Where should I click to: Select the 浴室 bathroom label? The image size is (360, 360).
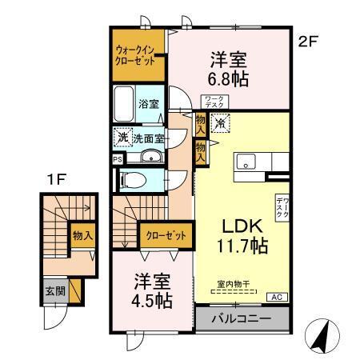148,104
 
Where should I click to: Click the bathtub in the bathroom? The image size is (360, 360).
125,104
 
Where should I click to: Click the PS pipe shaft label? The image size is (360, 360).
118,158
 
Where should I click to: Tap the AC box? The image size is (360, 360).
277,298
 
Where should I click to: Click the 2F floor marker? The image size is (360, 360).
309,44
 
